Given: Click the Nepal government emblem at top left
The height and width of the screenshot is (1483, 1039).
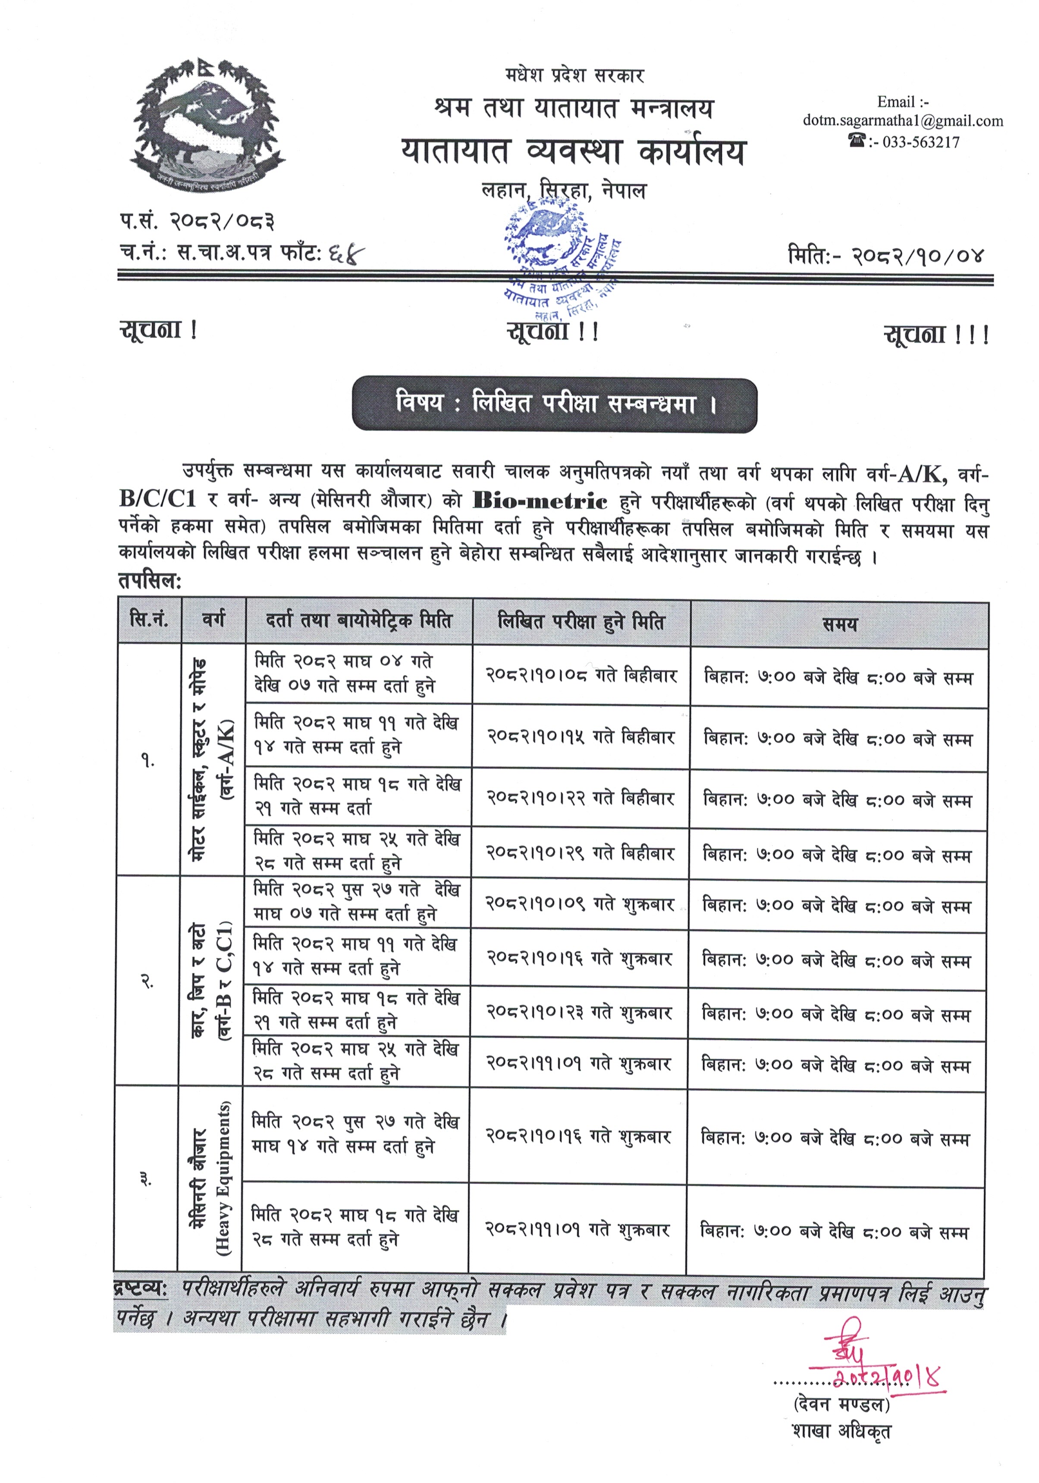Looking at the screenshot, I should tap(207, 123).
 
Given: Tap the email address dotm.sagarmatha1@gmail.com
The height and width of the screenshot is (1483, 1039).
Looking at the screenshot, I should tap(902, 121).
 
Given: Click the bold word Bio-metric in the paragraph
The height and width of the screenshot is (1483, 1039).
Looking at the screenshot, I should tap(540, 501).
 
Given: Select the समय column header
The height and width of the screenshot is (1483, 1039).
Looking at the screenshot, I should tap(839, 623).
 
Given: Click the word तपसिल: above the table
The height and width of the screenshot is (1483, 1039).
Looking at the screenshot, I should tap(150, 581).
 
